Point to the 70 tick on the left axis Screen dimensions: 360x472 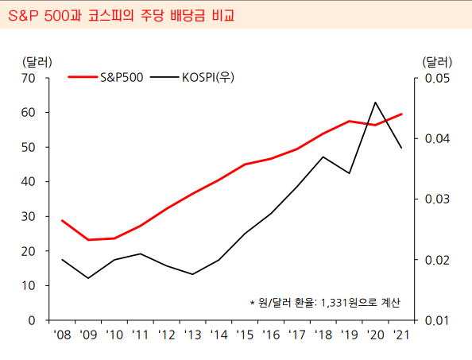click(x=29, y=78)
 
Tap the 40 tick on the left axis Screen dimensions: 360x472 click(x=29, y=182)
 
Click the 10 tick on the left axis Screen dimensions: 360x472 click(x=29, y=285)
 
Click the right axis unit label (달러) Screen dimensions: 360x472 click(x=436, y=61)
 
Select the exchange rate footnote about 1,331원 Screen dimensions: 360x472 click(x=324, y=303)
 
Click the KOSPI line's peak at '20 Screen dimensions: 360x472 click(x=375, y=103)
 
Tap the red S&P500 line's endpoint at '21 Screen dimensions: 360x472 click(x=401, y=114)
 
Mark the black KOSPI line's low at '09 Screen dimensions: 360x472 click(x=88, y=278)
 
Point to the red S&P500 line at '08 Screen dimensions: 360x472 click(x=62, y=220)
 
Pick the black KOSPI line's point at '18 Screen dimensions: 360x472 click(x=323, y=157)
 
